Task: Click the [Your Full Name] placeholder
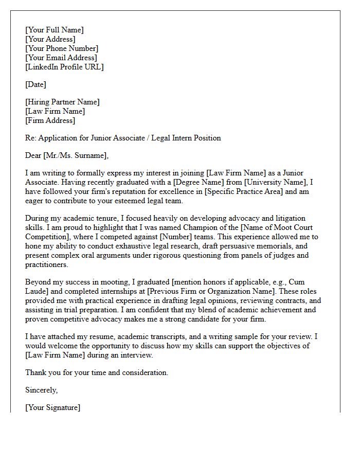tap(54, 30)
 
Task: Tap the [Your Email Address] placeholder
tap(61, 58)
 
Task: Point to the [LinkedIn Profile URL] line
tap(64, 67)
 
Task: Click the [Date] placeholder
tap(35, 84)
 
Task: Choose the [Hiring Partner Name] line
tap(62, 102)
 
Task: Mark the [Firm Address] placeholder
tap(50, 120)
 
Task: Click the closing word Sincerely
tap(41, 390)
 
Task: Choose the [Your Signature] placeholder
tap(52, 407)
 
